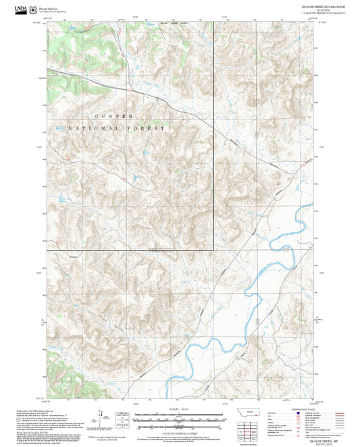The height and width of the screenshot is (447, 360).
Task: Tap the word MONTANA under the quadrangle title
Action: pyautogui.click(x=324, y=9)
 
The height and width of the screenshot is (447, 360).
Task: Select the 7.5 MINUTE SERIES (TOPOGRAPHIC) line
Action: pyautogui.click(x=324, y=13)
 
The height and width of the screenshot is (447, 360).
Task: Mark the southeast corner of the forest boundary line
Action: pyautogui.click(x=215, y=251)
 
